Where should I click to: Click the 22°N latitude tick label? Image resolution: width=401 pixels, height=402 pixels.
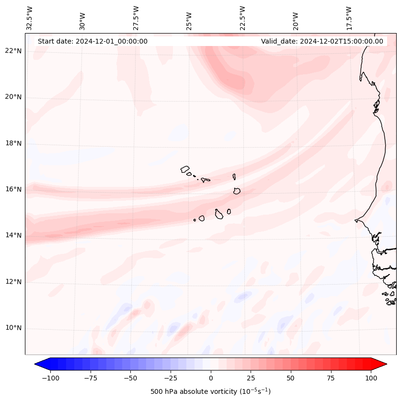(x=13, y=51)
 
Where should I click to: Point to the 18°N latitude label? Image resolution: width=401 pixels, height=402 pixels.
(x=13, y=143)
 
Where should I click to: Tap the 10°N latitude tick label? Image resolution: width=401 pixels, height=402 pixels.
(x=13, y=328)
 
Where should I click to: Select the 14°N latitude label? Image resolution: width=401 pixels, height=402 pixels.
(x=13, y=235)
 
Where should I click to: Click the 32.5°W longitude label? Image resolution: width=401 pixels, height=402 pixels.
(x=30, y=17)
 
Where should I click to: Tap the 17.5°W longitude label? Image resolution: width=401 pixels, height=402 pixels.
(x=349, y=17)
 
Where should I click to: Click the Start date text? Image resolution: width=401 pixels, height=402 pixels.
(x=92, y=41)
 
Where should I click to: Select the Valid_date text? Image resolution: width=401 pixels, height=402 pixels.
(x=322, y=41)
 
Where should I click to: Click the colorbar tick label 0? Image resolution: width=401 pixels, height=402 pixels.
(x=210, y=378)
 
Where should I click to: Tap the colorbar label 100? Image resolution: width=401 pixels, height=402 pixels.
(x=371, y=378)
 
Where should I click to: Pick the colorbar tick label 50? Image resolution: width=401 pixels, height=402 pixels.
(x=291, y=378)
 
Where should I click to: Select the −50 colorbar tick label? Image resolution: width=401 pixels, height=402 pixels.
(x=129, y=378)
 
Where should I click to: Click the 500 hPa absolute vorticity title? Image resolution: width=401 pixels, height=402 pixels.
(x=210, y=391)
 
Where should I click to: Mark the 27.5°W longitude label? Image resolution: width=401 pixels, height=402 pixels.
(x=136, y=17)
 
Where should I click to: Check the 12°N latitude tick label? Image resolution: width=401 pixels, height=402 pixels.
(x=13, y=282)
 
